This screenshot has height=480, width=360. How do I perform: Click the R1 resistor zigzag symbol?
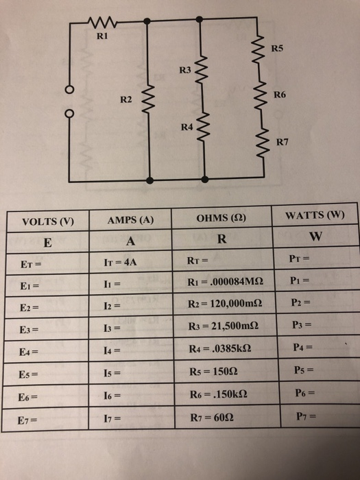(102, 23)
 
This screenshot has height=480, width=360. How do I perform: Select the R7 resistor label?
(282, 142)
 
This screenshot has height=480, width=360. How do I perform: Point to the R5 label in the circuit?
(277, 49)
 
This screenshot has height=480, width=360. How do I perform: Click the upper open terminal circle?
(69, 90)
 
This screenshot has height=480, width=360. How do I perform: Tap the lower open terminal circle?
(69, 114)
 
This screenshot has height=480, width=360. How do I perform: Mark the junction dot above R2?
(147, 21)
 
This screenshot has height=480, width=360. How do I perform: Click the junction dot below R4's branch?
(205, 180)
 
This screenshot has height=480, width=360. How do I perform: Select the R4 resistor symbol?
(203, 127)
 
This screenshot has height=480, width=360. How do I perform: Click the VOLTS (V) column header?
(48, 221)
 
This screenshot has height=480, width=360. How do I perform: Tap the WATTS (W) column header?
(315, 215)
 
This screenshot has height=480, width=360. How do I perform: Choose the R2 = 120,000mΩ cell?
(225, 304)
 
